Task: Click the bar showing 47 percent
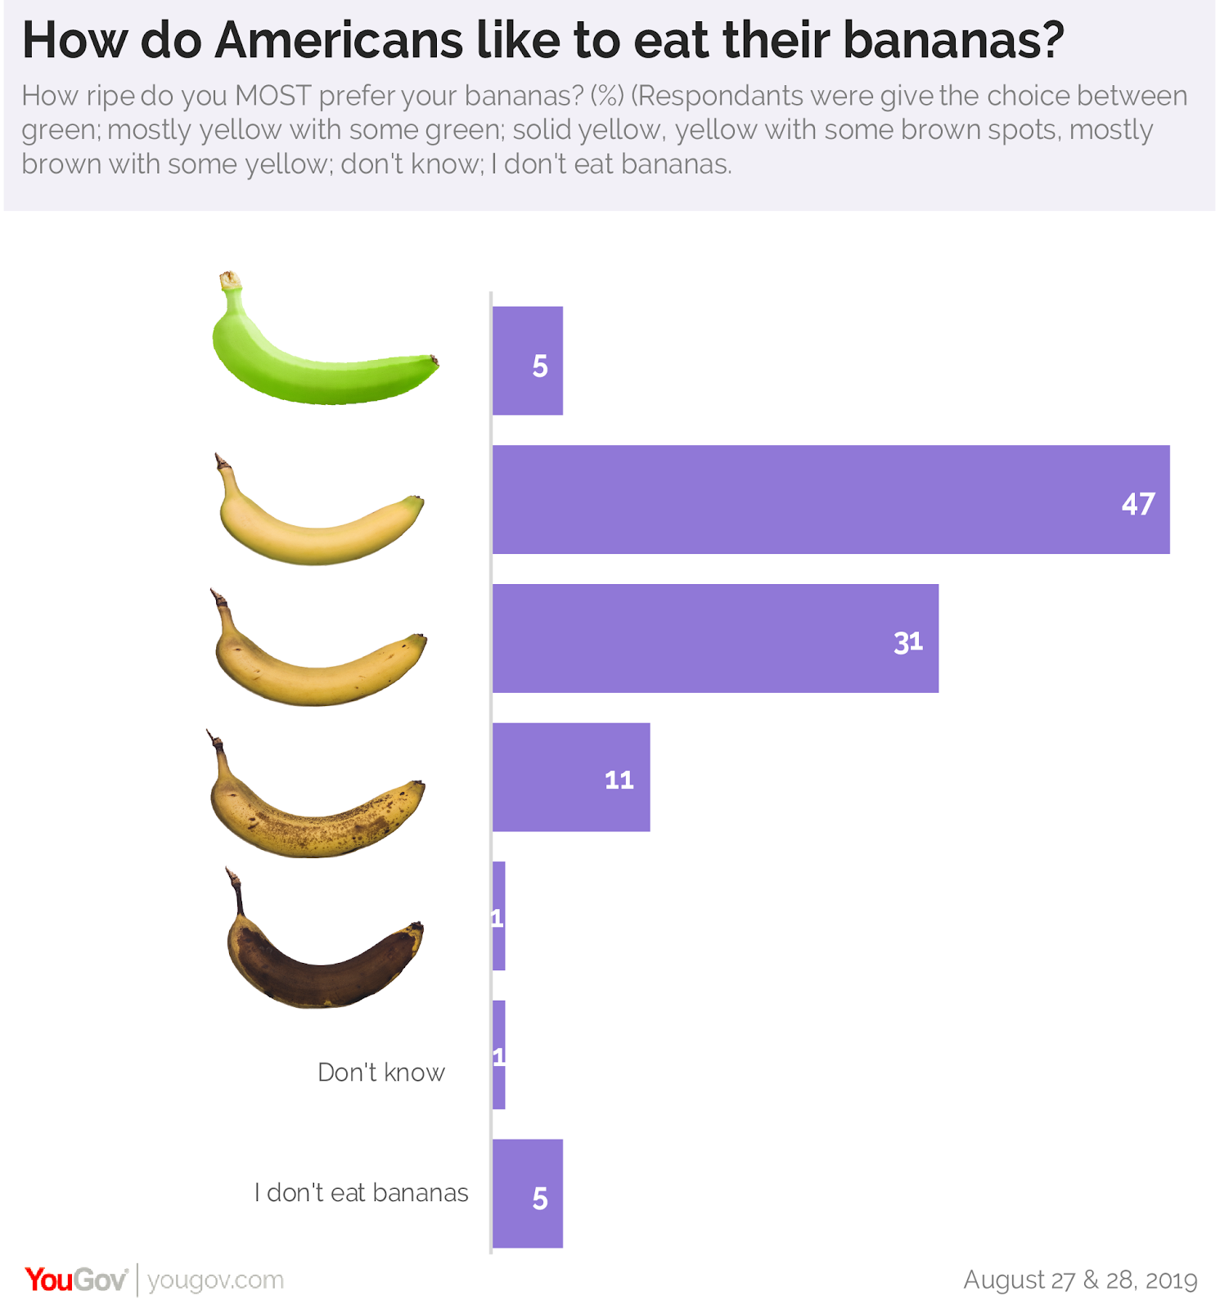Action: pyautogui.click(x=831, y=500)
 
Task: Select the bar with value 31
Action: pyautogui.click(x=715, y=638)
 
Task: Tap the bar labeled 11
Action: pyautogui.click(x=571, y=777)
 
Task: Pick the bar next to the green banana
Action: pyautogui.click(x=528, y=361)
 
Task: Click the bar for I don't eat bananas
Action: pyautogui.click(x=528, y=1194)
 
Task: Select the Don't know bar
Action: pyautogui.click(x=499, y=1055)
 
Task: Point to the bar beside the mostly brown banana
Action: pyautogui.click(x=499, y=916)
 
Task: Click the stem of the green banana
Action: pyautogui.click(x=232, y=283)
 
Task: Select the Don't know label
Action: pyautogui.click(x=381, y=1073)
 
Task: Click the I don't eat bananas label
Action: pyautogui.click(x=361, y=1193)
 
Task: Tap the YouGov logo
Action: pyautogui.click(x=76, y=1280)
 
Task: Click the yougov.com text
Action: pyautogui.click(x=216, y=1280)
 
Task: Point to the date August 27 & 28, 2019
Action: pyautogui.click(x=1080, y=1280)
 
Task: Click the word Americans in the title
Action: pyautogui.click(x=339, y=40)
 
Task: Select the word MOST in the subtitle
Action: pyautogui.click(x=273, y=96)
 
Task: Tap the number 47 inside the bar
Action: pyautogui.click(x=1137, y=504)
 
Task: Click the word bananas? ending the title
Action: pyautogui.click(x=953, y=40)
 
